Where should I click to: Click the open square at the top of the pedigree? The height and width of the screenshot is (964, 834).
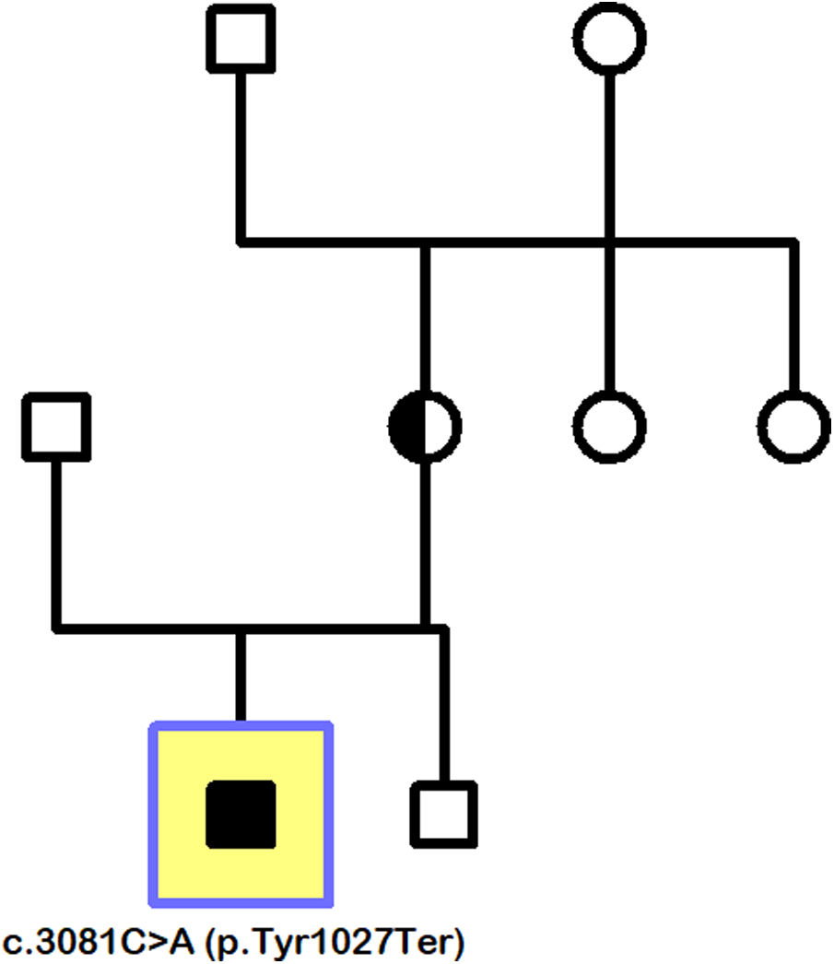tap(241, 39)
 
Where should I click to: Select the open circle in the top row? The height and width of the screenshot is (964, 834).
tap(609, 39)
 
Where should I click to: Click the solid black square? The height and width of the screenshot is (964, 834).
tap(241, 814)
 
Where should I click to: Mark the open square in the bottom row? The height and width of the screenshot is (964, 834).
tap(444, 814)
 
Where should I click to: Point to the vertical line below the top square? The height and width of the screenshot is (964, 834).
tap(241, 157)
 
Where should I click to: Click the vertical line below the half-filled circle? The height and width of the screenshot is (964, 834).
tap(424, 544)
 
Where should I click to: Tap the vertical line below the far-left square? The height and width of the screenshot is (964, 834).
tap(57, 544)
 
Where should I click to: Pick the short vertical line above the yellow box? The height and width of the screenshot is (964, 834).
tap(241, 677)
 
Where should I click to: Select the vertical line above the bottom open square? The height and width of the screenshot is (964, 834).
tap(444, 705)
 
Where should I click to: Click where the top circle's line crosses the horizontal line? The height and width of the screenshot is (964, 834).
tap(609, 242)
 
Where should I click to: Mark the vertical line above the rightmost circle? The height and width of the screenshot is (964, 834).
tap(793, 318)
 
